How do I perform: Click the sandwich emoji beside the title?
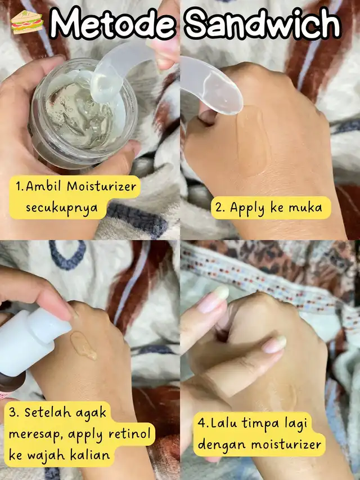27,22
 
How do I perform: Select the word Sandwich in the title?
263,23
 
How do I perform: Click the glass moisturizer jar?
83,114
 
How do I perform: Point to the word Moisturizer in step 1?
102,186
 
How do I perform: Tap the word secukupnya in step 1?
61,208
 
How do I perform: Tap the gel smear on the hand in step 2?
253,140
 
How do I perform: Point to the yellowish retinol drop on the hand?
83,346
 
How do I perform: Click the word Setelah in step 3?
47,412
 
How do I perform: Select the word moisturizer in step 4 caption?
286,445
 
